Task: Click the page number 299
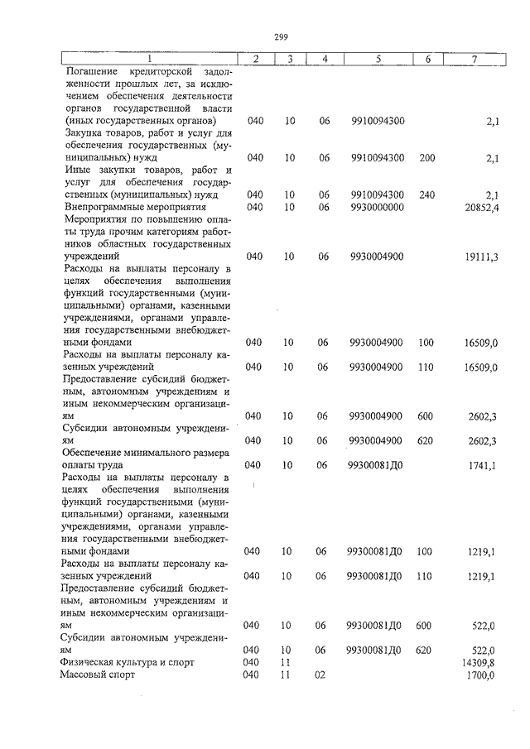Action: (279, 36)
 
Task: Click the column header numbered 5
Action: (378, 59)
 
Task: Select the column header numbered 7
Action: (473, 59)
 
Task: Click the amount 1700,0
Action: (481, 675)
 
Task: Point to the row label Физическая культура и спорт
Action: (124, 663)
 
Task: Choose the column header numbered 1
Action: (150, 59)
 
